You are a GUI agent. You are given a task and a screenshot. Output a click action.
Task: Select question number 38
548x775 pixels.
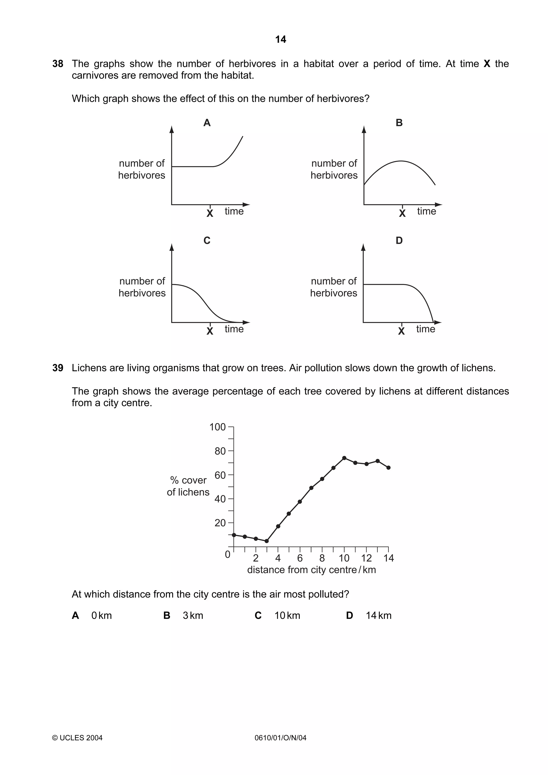coord(58,64)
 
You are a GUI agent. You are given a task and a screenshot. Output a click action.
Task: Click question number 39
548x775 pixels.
coord(58,368)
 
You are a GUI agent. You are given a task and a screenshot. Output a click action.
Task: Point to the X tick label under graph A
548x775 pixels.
coord(210,213)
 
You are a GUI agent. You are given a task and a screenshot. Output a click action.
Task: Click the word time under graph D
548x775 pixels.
coord(425,329)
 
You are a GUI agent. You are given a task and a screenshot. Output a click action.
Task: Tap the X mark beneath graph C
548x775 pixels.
coord(210,331)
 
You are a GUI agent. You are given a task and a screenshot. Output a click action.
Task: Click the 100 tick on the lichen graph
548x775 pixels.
coord(218,427)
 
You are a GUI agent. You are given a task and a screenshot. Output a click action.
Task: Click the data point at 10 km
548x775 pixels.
coord(344,458)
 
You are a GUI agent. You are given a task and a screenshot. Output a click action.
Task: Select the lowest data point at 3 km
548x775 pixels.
coord(267,541)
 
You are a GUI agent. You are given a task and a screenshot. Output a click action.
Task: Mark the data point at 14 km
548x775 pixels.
coord(388,467)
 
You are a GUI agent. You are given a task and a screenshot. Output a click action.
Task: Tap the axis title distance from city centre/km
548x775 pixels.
coord(311,570)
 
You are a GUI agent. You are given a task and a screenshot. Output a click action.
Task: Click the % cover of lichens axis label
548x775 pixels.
coord(188,486)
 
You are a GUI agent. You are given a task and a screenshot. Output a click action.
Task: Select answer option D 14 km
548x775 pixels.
coord(369,615)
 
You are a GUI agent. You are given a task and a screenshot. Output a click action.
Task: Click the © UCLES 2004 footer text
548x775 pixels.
coord(77,738)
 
